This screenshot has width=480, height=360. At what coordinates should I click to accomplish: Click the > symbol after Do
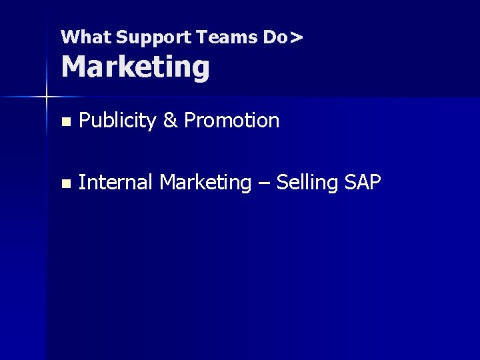point(297,37)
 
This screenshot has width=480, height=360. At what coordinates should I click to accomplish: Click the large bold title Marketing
point(135,67)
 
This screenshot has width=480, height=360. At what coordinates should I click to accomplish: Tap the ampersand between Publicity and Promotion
point(170,121)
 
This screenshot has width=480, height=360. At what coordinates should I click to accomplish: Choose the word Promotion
point(231,121)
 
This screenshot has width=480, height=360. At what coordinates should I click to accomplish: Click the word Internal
point(116,181)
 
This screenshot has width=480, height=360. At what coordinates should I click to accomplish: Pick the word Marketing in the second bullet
point(205,182)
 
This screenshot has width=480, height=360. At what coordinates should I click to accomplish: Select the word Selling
point(307,181)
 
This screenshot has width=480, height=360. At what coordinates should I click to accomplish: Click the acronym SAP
point(363,181)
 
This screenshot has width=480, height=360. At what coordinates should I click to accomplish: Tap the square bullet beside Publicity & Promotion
point(65,122)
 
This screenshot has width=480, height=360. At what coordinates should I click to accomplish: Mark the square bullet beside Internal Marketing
point(65,183)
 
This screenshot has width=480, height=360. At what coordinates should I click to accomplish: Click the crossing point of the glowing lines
point(47,97)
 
